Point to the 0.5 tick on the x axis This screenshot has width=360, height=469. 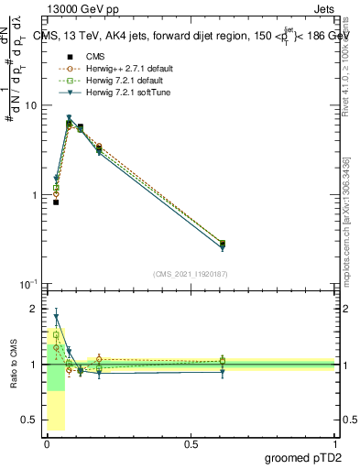click(x=191, y=443)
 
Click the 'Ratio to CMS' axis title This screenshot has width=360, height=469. click(x=13, y=364)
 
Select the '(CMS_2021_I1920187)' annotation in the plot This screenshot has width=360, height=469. click(x=191, y=272)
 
